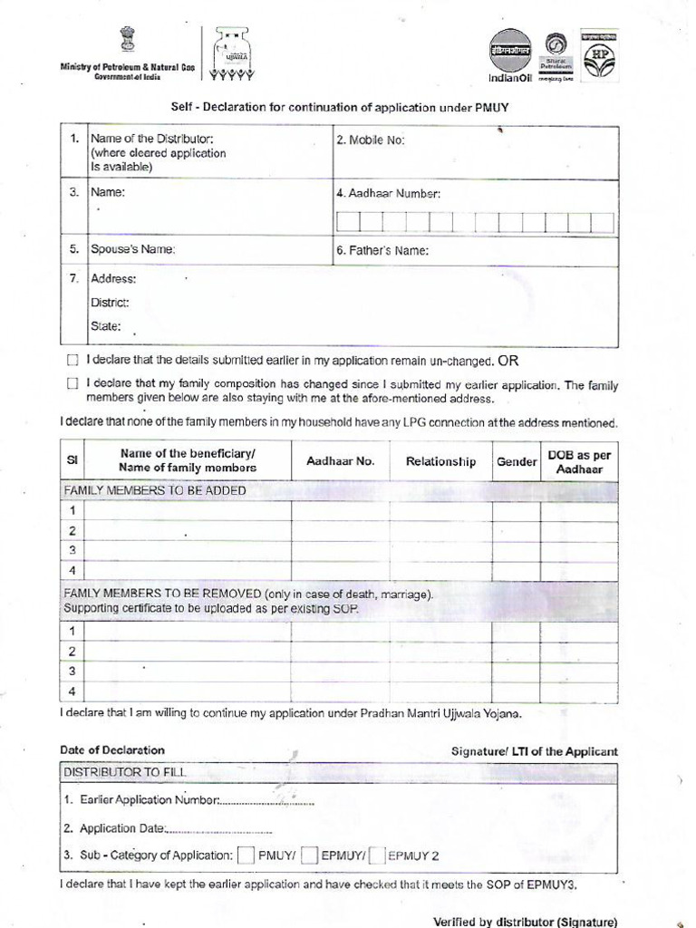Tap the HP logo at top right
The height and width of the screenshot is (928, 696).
click(x=600, y=55)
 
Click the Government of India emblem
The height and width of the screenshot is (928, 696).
click(x=126, y=42)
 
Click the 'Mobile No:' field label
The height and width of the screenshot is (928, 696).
click(x=371, y=140)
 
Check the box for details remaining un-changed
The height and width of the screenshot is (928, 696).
click(x=72, y=361)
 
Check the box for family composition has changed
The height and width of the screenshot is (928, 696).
click(x=72, y=384)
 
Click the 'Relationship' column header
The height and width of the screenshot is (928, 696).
click(x=440, y=461)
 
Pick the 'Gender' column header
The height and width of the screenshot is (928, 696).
click(x=517, y=461)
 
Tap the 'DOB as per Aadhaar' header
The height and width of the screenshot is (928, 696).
click(x=580, y=461)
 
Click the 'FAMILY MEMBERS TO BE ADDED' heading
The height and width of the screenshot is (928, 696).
click(x=154, y=490)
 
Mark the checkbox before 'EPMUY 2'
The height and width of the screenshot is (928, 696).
click(x=379, y=855)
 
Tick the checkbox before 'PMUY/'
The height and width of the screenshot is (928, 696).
click(x=246, y=855)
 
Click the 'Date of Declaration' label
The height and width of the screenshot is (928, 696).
click(x=112, y=750)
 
